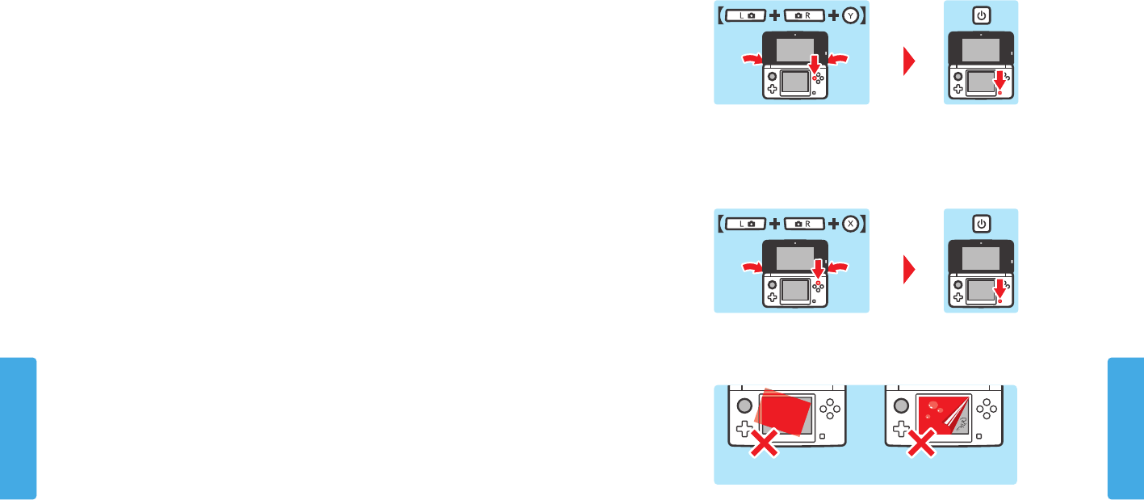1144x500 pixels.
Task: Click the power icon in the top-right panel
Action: [x=981, y=16]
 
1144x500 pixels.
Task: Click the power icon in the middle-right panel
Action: [x=981, y=224]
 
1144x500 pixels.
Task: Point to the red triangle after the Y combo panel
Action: [x=910, y=61]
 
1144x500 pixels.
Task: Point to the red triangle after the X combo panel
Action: [x=910, y=269]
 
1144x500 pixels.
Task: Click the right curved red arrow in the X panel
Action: [x=839, y=266]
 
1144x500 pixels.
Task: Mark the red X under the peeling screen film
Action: [x=921, y=442]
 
